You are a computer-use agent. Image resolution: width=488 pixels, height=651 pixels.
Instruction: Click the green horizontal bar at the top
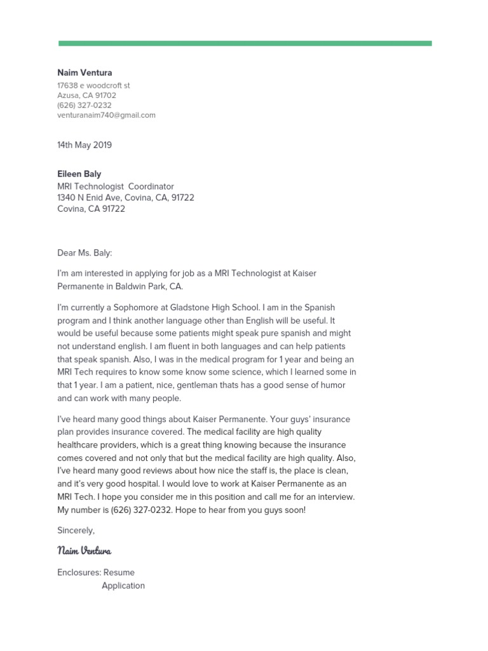(x=245, y=43)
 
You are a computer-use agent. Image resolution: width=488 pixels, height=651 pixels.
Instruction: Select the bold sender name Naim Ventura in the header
(x=85, y=73)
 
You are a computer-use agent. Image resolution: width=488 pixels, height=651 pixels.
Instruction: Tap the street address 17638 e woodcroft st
(x=93, y=85)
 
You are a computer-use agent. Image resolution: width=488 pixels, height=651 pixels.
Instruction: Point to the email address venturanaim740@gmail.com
(x=106, y=115)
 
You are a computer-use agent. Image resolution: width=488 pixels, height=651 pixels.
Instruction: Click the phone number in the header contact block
(x=84, y=106)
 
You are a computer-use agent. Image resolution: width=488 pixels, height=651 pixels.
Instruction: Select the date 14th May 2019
(x=85, y=145)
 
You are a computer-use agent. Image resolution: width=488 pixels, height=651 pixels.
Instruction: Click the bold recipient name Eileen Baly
(x=79, y=174)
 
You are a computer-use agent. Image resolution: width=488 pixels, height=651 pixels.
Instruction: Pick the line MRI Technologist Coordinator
(x=115, y=186)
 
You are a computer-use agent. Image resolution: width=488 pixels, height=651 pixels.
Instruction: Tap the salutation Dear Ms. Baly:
(x=85, y=252)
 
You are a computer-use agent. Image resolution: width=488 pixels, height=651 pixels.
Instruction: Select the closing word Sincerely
(x=75, y=530)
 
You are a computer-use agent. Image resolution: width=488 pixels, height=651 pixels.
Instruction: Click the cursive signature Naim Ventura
(x=85, y=551)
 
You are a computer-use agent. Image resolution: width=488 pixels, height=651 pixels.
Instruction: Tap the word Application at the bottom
(x=123, y=586)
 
